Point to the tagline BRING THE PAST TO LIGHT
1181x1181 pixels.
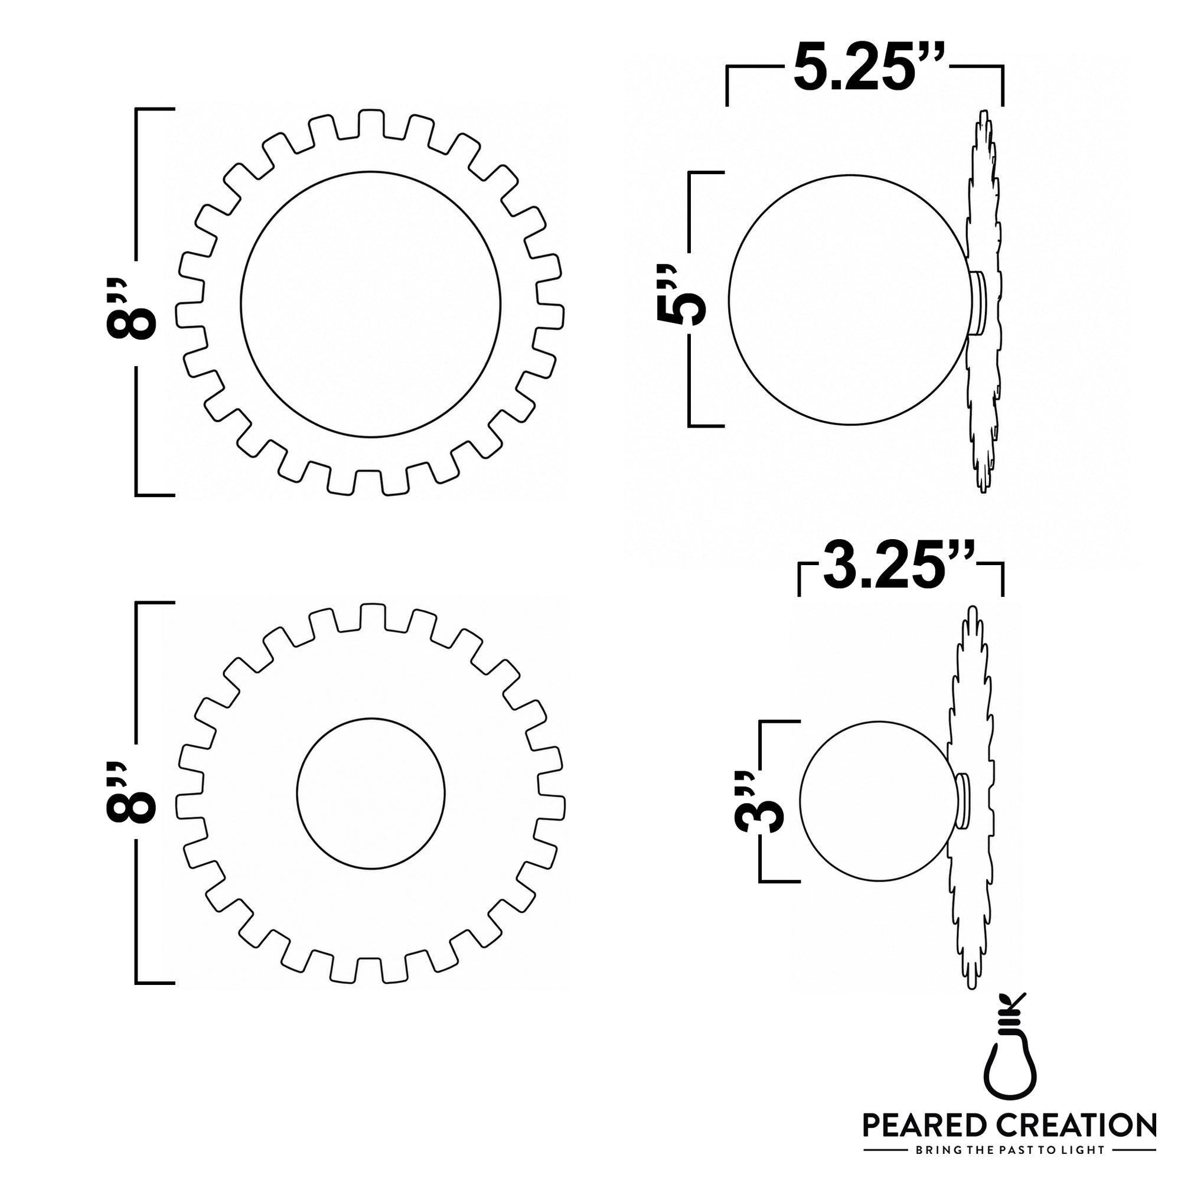1009,1150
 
